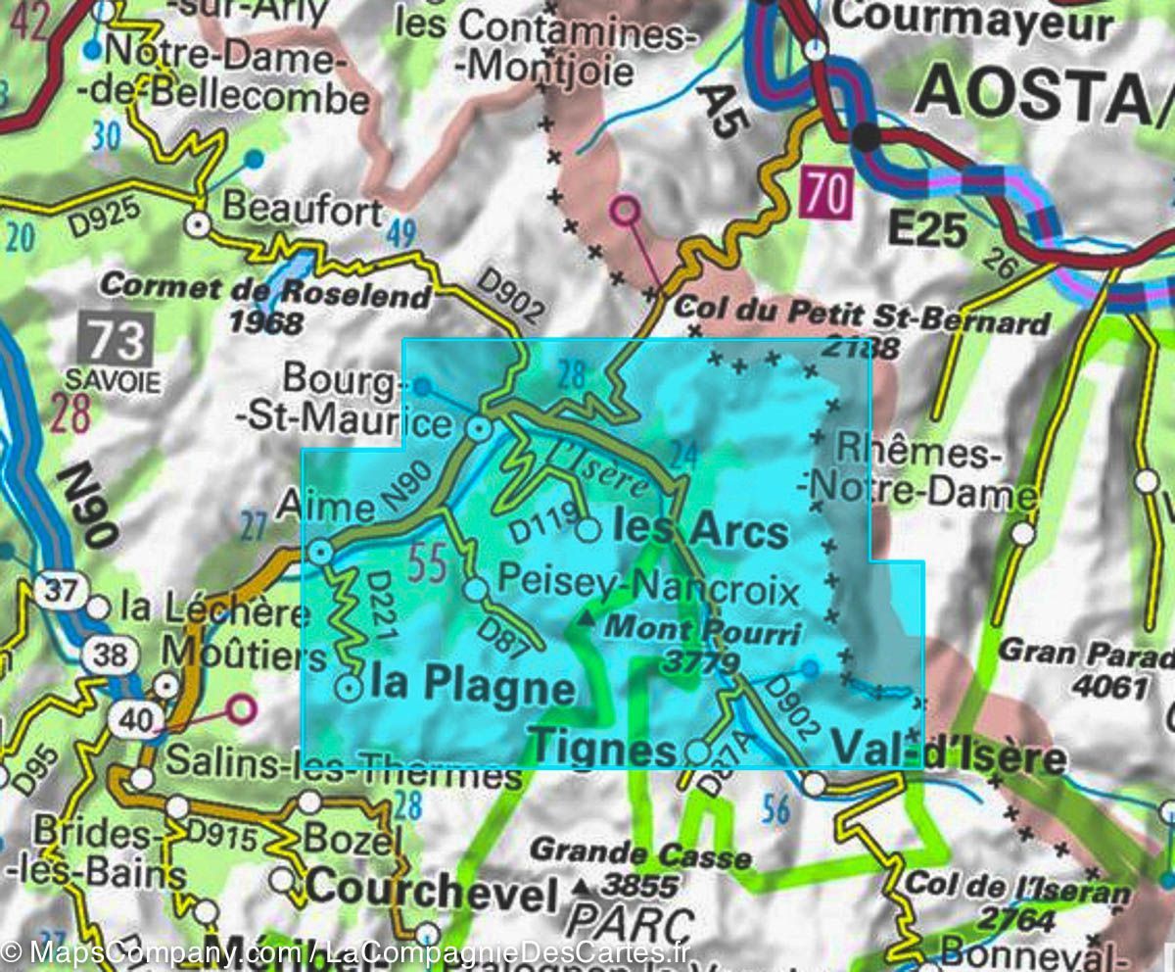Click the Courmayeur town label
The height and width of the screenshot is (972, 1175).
click(973, 19)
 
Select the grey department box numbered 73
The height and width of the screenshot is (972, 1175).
click(117, 340)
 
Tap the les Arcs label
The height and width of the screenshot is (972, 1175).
click(699, 530)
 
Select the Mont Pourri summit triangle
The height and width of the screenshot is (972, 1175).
click(586, 619)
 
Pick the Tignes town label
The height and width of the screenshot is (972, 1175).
click(603, 751)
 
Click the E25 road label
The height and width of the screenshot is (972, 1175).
click(926, 230)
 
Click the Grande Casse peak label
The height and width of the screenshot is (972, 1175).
click(640, 855)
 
